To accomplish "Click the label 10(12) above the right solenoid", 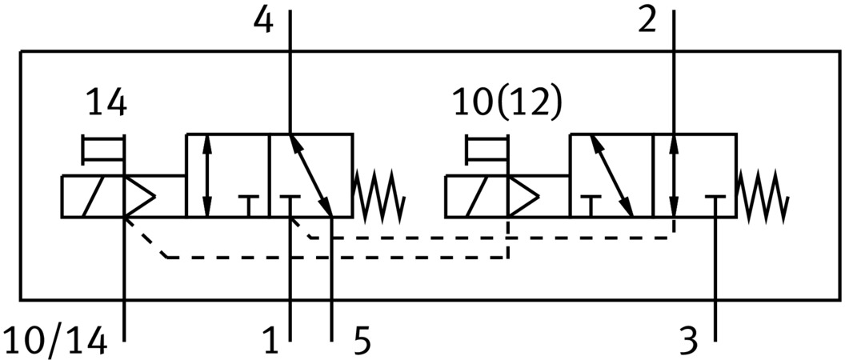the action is [x=507, y=103].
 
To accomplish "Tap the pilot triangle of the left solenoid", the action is [x=139, y=196].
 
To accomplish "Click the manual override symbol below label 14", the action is [x=103, y=150].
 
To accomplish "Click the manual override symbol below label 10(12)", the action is [x=487, y=150].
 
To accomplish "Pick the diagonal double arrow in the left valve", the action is [x=311, y=176].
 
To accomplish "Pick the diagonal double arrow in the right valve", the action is [x=611, y=176].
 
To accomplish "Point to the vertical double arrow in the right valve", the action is [x=675, y=176].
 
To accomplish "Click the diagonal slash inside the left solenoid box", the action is [x=94, y=196].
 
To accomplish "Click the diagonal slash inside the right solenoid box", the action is [x=477, y=196].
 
